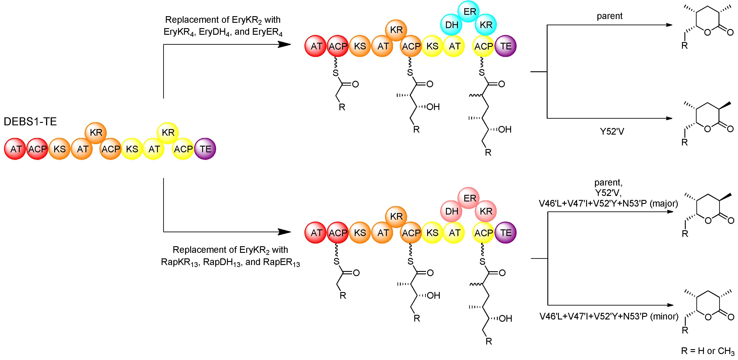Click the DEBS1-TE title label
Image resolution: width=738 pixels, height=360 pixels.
point(30,122)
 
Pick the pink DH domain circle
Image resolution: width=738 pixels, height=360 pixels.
point(451,211)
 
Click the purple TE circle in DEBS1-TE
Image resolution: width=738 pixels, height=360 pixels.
point(205,149)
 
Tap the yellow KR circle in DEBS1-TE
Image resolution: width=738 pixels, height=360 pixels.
point(168,133)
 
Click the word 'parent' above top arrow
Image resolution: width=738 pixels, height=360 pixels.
point(609,16)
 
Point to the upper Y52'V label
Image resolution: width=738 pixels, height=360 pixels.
point(612,132)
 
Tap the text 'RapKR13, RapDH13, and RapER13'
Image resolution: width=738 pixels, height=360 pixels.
point(230,262)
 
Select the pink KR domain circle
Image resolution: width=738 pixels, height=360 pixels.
point(486,211)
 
